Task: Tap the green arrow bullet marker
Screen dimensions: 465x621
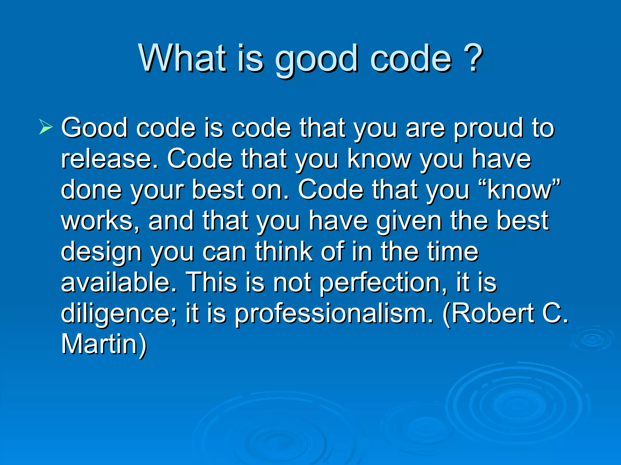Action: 46,127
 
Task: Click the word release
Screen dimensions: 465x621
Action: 109,159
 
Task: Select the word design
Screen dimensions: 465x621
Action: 101,252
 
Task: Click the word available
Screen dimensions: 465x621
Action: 118,282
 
